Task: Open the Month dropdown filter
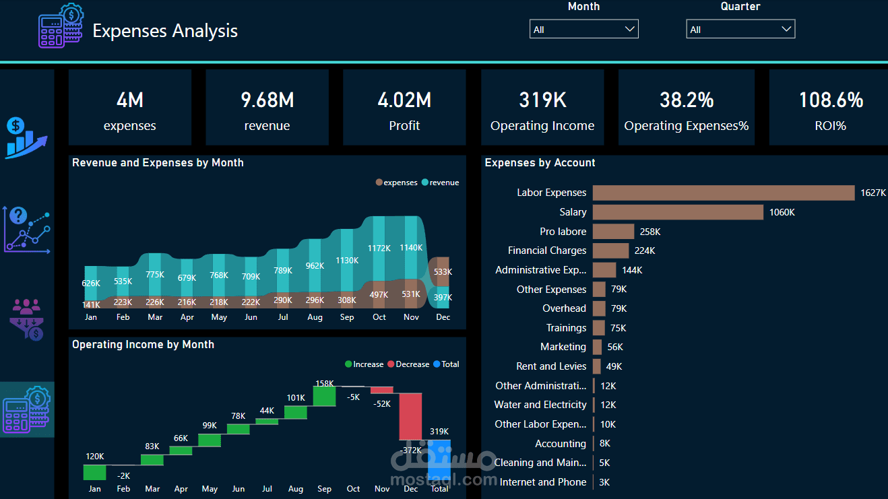(583, 29)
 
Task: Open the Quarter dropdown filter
(740, 29)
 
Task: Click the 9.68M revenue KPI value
(267, 100)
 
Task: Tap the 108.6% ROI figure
(831, 100)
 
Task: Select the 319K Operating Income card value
(542, 100)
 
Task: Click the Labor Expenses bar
(723, 193)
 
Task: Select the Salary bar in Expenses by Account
(678, 212)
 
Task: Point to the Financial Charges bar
(610, 251)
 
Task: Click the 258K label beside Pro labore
(650, 232)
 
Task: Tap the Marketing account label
(563, 347)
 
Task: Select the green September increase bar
(324, 395)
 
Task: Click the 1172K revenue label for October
(379, 248)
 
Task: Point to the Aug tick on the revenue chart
(315, 317)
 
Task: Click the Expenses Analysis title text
(165, 30)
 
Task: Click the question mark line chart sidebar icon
(26, 229)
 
